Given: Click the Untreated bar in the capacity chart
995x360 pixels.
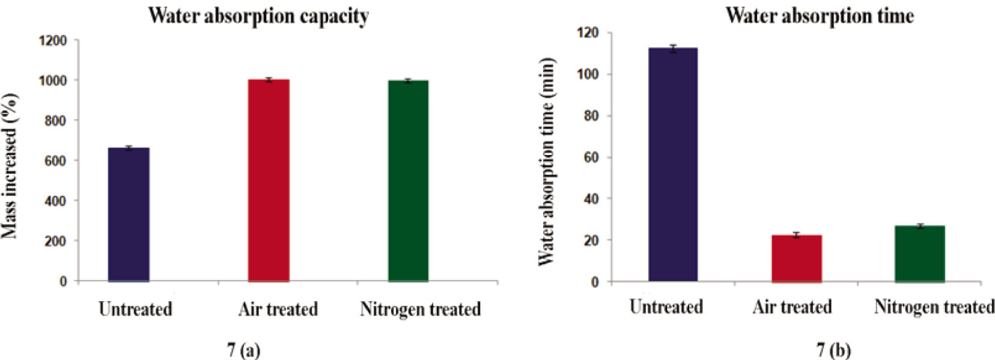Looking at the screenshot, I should point(129,215).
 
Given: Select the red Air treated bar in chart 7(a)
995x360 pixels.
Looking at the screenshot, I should point(269,180).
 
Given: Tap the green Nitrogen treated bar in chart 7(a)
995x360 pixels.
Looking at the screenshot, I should point(408,180).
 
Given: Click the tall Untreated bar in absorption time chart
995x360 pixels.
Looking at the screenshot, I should point(673,165).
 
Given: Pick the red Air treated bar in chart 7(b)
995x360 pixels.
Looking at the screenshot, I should point(796,258).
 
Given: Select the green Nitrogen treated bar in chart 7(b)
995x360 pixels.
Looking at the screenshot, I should point(919,254).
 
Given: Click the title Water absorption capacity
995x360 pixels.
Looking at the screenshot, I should point(258,16).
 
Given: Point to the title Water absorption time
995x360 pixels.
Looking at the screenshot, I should point(820,15).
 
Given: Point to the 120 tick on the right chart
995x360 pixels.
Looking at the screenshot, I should point(588,32).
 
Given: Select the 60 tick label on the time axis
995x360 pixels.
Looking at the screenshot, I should point(591,157).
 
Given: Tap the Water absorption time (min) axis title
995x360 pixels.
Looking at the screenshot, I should point(546,162).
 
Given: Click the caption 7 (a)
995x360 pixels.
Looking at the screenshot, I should point(243,350).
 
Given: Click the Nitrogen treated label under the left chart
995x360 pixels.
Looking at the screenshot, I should point(420,310).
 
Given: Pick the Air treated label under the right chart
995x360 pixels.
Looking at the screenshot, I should point(792,307).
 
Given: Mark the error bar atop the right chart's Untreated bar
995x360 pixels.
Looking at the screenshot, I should point(673,48).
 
